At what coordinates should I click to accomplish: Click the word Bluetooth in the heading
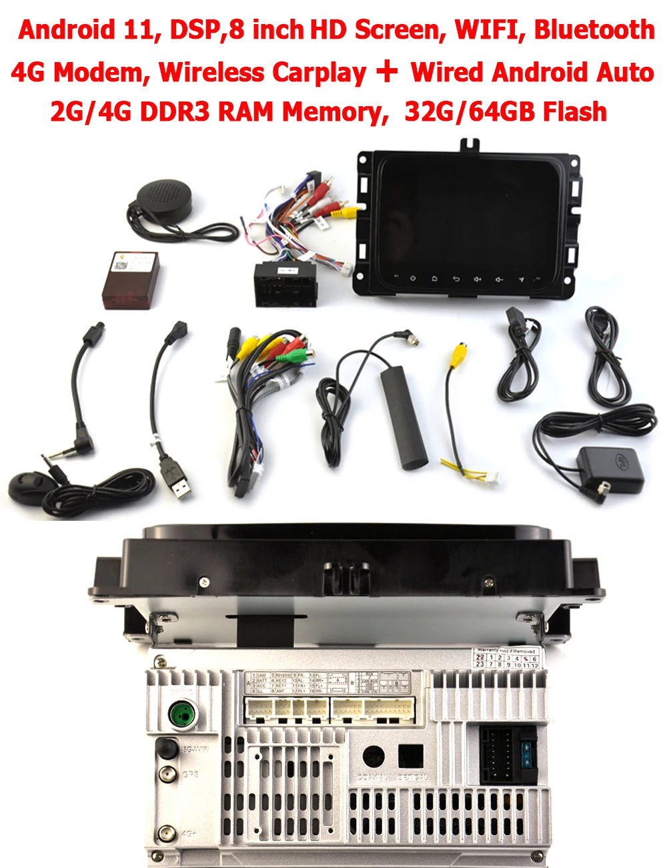coord(594,30)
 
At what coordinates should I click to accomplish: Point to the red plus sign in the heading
coord(387,71)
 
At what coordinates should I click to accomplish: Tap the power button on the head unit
coord(413,278)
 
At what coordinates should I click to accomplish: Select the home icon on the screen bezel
coord(434,278)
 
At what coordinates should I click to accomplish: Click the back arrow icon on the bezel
coord(456,278)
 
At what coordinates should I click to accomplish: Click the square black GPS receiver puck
coord(610,468)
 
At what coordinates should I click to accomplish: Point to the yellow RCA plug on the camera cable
coord(458,356)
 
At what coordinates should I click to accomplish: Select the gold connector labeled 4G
coord(166,834)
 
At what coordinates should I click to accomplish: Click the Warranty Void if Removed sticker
coord(507,657)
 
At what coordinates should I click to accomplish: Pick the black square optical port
coord(410,756)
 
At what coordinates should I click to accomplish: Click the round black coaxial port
coord(373,756)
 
